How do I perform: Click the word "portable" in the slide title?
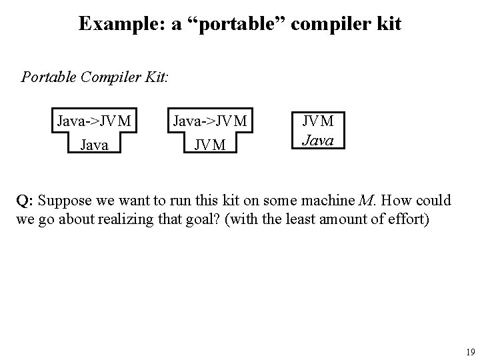pyautogui.click(x=219, y=24)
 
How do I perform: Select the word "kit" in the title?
pyautogui.click(x=389, y=24)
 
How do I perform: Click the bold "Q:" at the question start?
pyautogui.click(x=25, y=200)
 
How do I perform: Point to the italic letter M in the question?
pyautogui.click(x=364, y=200)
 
